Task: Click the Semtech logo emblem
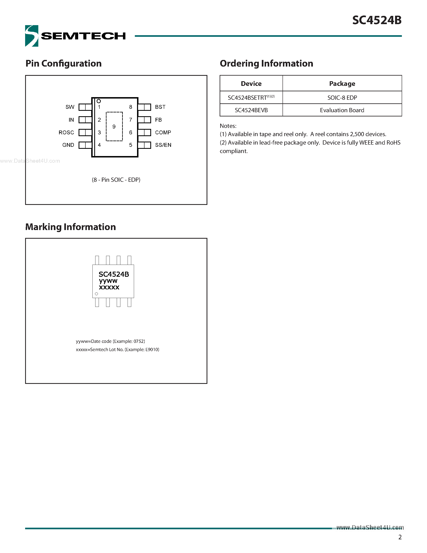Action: coord(32,36)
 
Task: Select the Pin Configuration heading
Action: coord(63,63)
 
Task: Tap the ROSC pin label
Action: coord(66,133)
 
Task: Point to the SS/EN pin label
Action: coord(163,145)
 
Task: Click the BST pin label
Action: coord(160,107)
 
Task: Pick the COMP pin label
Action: coord(163,133)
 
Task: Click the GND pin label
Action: coord(68,145)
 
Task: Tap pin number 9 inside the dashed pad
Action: coord(114,127)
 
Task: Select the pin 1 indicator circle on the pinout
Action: coord(99,101)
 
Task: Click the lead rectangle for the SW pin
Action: coord(85,107)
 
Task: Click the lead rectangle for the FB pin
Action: coord(144,120)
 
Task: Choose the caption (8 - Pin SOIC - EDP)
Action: coord(116,180)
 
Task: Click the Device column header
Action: coord(251,84)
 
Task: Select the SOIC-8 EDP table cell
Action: coord(342,98)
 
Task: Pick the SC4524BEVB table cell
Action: coord(251,110)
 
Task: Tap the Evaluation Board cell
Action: coord(342,110)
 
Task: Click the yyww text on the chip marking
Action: coord(108,281)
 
